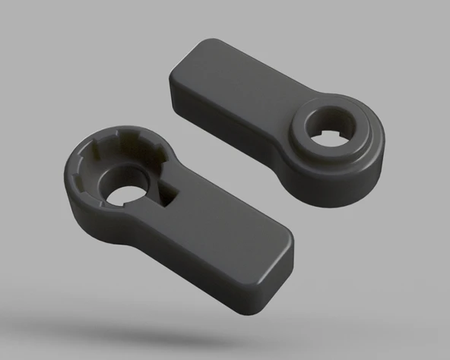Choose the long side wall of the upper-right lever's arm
pyautogui.click(x=228, y=133)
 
